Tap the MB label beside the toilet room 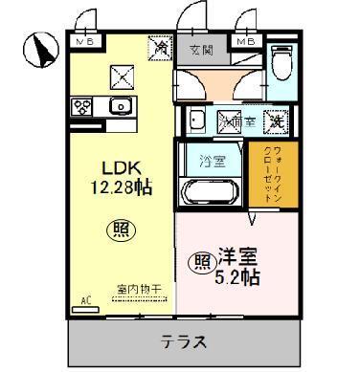246,42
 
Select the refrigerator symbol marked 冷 158,45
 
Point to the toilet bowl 281,66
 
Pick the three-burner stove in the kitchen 81,106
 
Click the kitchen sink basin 122,105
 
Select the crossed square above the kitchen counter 122,75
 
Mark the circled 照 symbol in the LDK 117,230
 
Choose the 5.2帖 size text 236,277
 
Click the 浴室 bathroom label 212,161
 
